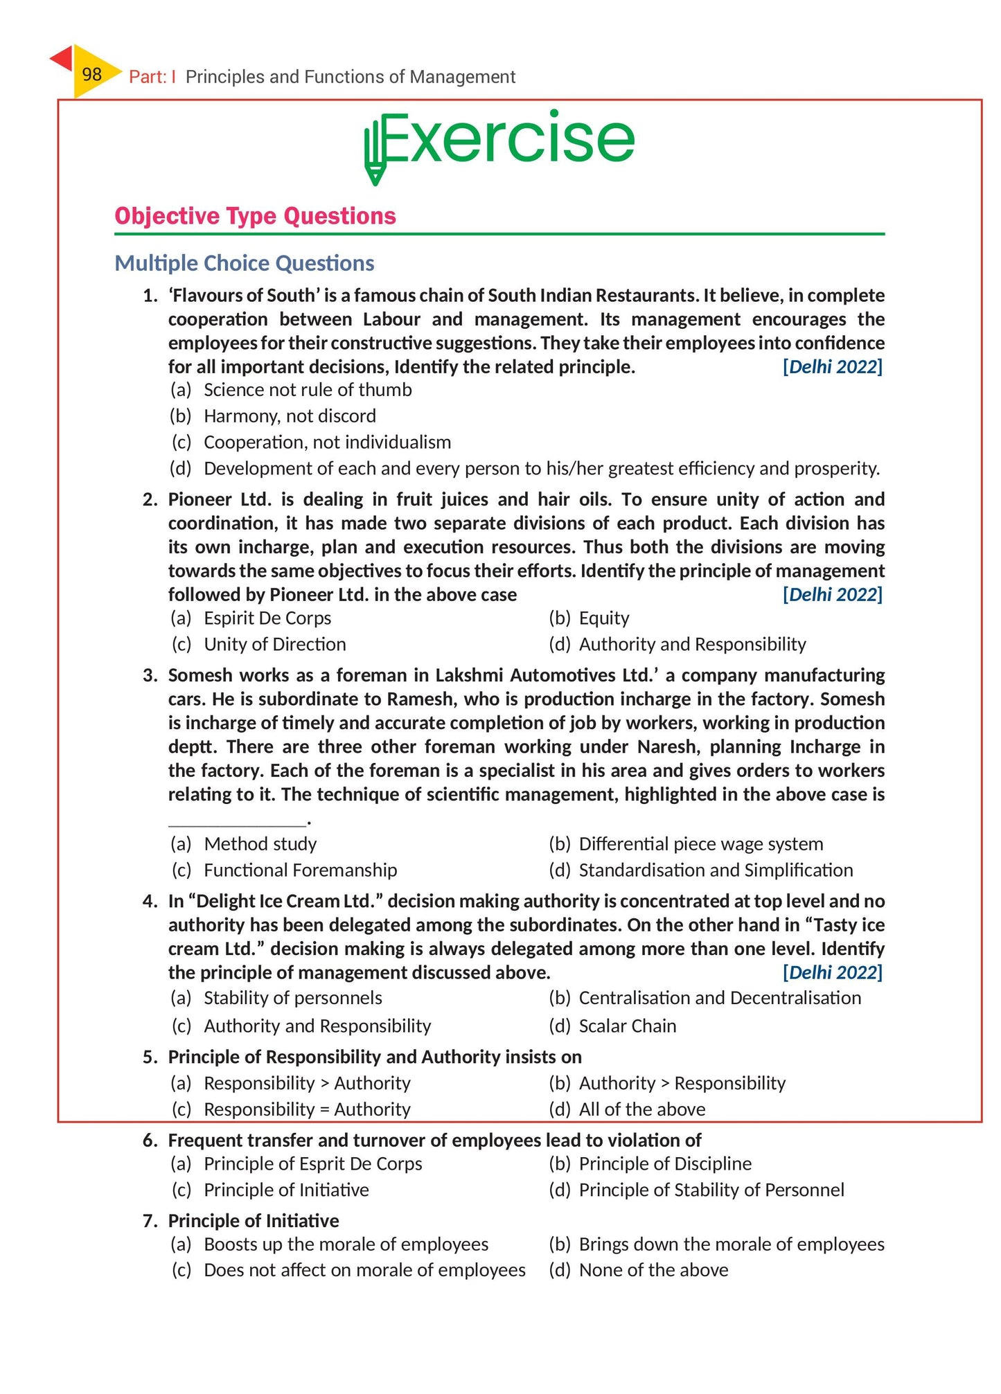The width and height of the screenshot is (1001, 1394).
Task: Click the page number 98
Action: [x=91, y=74]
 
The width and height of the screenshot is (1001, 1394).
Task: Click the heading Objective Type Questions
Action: [x=255, y=216]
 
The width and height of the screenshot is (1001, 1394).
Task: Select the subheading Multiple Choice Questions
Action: [x=244, y=263]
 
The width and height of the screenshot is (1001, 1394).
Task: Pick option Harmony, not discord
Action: [x=289, y=416]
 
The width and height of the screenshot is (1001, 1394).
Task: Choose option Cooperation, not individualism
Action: [x=326, y=443]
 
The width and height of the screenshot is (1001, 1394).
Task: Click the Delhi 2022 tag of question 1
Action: [x=832, y=367]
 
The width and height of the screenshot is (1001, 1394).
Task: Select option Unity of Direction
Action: [x=274, y=645]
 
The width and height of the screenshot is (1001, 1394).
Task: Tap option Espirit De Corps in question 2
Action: [x=267, y=618]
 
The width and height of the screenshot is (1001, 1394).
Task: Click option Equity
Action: [x=603, y=618]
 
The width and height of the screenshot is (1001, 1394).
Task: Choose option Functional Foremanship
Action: [x=300, y=870]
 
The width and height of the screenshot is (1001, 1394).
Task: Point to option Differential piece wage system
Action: [x=700, y=844]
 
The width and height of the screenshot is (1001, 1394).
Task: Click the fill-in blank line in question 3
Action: [x=237, y=823]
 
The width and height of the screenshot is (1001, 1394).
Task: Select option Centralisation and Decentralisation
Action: [x=719, y=998]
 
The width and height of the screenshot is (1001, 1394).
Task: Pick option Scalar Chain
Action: [x=627, y=1026]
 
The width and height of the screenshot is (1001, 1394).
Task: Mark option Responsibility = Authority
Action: [x=306, y=1109]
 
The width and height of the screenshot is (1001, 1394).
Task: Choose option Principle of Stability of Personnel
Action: [x=711, y=1190]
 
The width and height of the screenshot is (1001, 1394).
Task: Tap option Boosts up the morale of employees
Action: [x=346, y=1244]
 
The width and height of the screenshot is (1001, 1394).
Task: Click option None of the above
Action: [x=653, y=1271]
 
